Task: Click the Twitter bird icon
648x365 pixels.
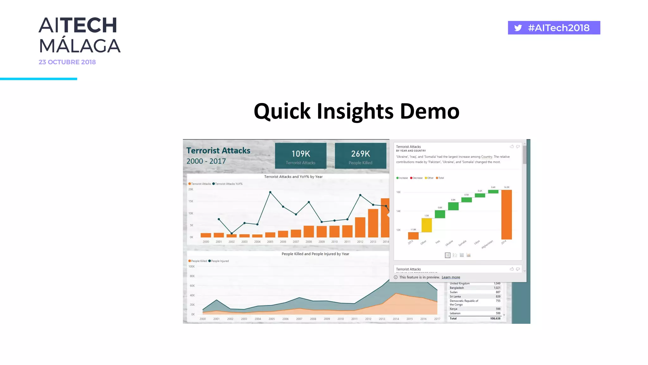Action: (x=518, y=28)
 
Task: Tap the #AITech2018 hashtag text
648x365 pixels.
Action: (x=558, y=28)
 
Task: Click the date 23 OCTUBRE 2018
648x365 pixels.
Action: (x=67, y=62)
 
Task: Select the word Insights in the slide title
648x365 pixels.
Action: (x=355, y=111)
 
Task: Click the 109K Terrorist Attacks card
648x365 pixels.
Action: (x=301, y=156)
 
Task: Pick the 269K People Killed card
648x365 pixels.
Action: (x=360, y=156)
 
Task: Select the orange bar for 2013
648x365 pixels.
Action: (x=373, y=223)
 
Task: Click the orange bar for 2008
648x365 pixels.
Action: (x=309, y=231)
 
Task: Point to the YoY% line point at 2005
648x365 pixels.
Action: (x=270, y=192)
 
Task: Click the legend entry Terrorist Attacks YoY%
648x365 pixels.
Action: (x=228, y=184)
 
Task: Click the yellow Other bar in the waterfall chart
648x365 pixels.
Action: (x=427, y=225)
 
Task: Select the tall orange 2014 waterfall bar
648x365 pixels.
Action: (x=506, y=215)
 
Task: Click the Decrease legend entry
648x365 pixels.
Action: (x=417, y=178)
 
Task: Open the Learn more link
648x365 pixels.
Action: (x=451, y=277)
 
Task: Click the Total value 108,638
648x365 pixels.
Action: (x=495, y=318)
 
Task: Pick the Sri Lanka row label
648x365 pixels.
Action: (x=455, y=297)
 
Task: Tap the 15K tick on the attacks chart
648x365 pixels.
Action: (x=191, y=201)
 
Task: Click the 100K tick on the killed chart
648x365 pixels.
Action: (x=192, y=266)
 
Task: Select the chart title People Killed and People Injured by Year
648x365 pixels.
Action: (x=315, y=254)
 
